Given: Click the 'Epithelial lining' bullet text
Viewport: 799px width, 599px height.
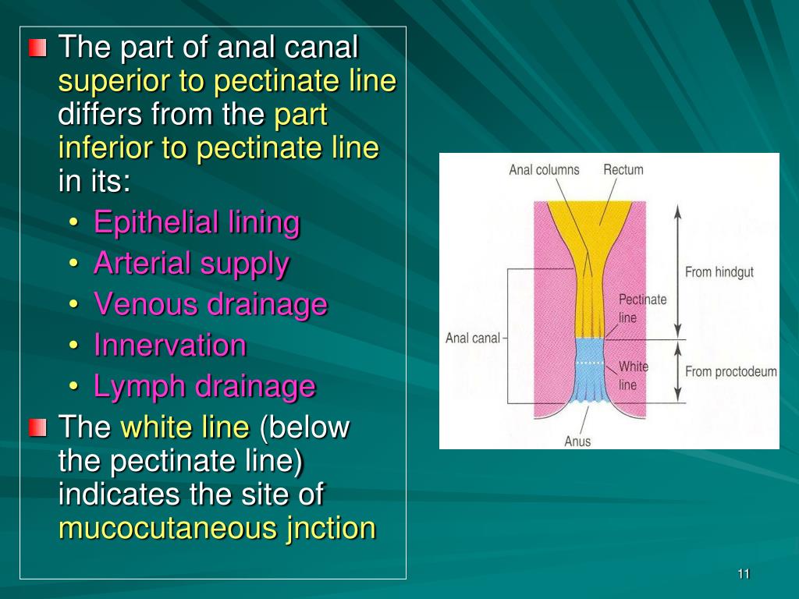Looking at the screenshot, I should [x=197, y=223].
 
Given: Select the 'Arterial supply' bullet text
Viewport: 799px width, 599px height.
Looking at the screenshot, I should [x=191, y=264].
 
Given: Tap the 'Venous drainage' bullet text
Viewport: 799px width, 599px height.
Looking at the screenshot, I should [x=210, y=304].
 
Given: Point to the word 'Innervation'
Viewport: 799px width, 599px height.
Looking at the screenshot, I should [x=169, y=345].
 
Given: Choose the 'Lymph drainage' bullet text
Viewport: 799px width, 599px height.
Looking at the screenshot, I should [x=204, y=385].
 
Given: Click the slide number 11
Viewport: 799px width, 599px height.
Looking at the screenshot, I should [x=743, y=575].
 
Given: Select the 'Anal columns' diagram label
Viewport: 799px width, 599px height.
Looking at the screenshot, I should [x=544, y=170].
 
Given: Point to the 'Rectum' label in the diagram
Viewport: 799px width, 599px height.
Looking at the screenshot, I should [x=623, y=170].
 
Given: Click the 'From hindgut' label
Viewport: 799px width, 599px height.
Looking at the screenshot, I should [x=719, y=272].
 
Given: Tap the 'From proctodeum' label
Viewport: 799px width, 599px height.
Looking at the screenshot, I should [x=730, y=371].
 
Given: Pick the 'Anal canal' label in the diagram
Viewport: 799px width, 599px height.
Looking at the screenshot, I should [x=472, y=338].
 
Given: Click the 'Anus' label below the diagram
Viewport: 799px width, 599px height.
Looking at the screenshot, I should [x=577, y=441].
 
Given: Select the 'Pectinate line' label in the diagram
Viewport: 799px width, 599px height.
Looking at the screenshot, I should [x=642, y=308].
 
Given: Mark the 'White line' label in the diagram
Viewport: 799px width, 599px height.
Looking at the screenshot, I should [x=633, y=375].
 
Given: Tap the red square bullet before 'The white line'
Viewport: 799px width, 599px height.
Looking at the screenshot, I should [x=37, y=427].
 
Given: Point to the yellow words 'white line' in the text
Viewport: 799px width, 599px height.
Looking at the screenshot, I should [x=185, y=427].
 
